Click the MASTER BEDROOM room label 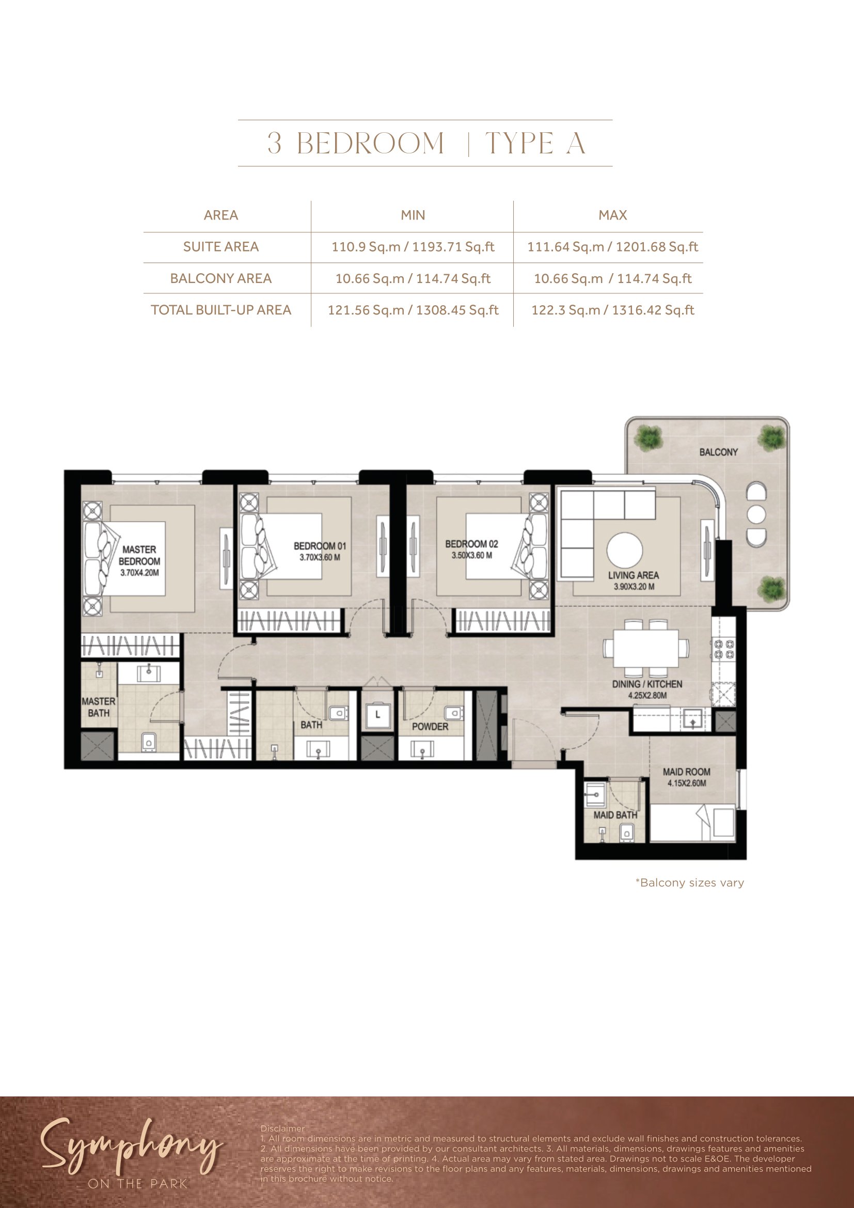139,555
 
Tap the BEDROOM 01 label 320,546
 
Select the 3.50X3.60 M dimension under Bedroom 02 472,556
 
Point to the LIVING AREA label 633,575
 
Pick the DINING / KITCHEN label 647,684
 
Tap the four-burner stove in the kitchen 723,649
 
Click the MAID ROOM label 686,772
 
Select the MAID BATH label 615,815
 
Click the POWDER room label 430,727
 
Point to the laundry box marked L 377,715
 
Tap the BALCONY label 718,452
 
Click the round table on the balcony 756,514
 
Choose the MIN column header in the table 413,215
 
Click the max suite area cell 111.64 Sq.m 613,247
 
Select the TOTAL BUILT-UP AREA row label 221,310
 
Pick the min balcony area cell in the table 413,278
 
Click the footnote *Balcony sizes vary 689,882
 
